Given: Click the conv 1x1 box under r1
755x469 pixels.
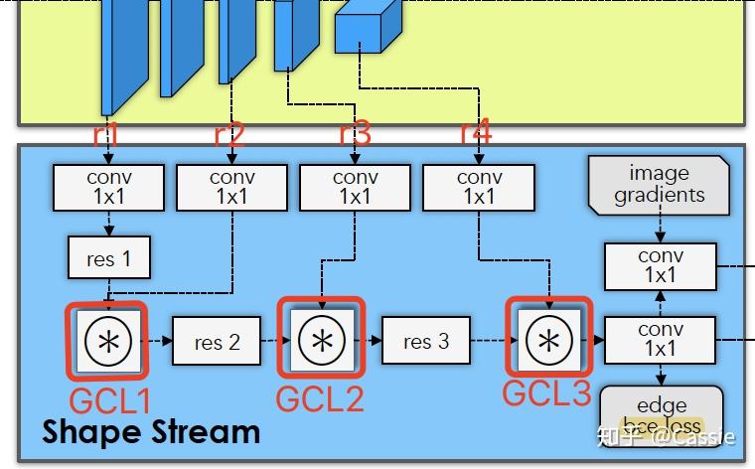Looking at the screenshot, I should (109, 187).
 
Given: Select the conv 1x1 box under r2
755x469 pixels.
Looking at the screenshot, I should (231, 187).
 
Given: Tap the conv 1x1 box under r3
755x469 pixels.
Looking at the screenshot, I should (355, 187).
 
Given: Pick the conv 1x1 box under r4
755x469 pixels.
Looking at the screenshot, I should (479, 187).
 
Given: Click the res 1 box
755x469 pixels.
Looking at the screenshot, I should (109, 258).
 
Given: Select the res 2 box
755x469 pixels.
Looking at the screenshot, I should (218, 342).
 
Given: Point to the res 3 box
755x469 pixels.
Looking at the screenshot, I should (426, 341).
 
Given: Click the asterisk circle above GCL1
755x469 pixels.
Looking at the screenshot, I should (106, 341).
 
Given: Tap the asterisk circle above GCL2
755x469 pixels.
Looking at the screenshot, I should (321, 339).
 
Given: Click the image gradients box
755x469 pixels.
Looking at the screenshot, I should (659, 184).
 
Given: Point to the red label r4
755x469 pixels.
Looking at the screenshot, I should (476, 131).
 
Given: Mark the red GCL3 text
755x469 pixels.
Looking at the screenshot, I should (546, 393).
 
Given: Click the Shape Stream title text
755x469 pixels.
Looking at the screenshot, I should (151, 432).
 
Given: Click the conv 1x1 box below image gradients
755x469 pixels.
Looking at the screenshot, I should (660, 265).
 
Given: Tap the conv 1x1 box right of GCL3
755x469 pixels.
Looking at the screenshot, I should (660, 339).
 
